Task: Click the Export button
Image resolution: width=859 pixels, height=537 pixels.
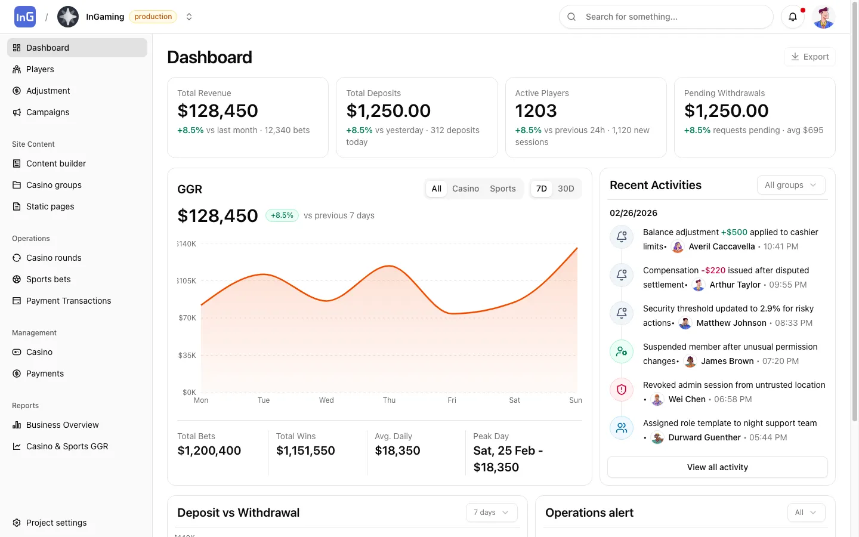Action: [809, 57]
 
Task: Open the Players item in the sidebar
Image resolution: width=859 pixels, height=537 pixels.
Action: [40, 69]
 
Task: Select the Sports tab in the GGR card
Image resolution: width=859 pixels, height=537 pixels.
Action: [502, 189]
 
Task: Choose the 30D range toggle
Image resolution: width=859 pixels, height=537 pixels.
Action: [566, 189]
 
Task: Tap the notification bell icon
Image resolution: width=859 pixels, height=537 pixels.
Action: [793, 17]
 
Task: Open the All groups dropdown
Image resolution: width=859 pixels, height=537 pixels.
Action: [790, 185]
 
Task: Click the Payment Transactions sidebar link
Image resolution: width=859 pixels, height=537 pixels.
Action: [69, 301]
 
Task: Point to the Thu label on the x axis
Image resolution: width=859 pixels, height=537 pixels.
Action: [389, 400]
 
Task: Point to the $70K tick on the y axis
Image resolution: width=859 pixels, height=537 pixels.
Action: [187, 318]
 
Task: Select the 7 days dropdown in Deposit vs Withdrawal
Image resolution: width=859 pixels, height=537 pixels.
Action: [491, 513]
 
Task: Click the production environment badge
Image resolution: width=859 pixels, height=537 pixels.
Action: [153, 17]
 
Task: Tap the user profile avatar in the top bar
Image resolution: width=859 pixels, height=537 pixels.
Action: [824, 17]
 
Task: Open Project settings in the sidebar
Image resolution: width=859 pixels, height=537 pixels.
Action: [56, 523]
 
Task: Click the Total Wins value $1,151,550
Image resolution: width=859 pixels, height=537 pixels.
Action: [305, 450]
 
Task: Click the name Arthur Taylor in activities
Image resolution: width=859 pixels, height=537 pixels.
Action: [735, 285]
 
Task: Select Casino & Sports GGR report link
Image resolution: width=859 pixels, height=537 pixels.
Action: [67, 446]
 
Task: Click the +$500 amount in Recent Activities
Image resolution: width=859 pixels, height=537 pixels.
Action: [734, 232]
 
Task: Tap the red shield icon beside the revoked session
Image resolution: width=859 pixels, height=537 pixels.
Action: [621, 390]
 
